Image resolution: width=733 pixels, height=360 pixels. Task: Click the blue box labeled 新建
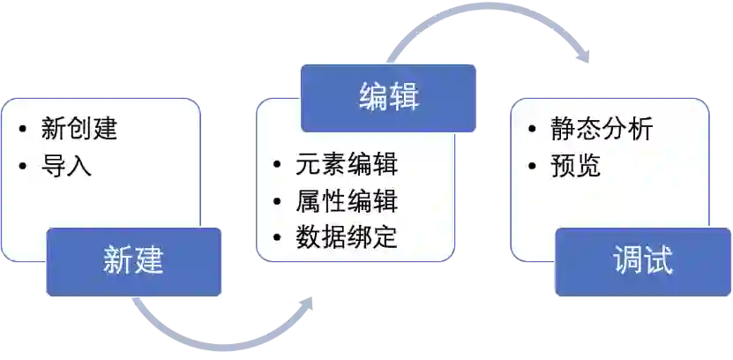pyautogui.click(x=134, y=262)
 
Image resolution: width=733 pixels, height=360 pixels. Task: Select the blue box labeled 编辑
pyautogui.click(x=388, y=97)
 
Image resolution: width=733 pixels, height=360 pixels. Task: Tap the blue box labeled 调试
pyautogui.click(x=643, y=262)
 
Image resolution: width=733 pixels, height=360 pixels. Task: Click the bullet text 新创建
pyautogui.click(x=79, y=130)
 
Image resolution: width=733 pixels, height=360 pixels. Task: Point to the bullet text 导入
pyautogui.click(x=66, y=165)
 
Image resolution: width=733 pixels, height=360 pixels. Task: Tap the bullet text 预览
pyautogui.click(x=576, y=165)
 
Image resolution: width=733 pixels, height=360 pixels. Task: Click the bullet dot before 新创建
pyautogui.click(x=22, y=131)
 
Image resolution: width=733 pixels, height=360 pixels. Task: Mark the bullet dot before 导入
pyautogui.click(x=22, y=166)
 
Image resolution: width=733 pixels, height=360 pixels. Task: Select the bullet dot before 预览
pyautogui.click(x=532, y=166)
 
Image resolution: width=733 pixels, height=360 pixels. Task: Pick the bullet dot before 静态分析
pyautogui.click(x=532, y=131)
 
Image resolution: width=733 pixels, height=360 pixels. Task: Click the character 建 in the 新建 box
pyautogui.click(x=149, y=262)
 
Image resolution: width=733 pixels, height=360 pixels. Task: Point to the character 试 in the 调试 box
pyautogui.click(x=658, y=262)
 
